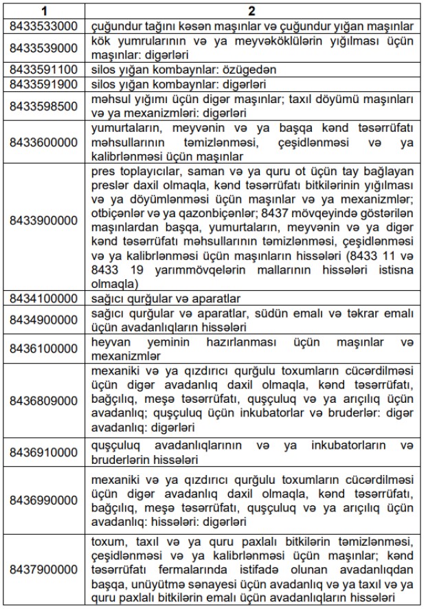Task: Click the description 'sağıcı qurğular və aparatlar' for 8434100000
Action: click(x=166, y=299)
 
